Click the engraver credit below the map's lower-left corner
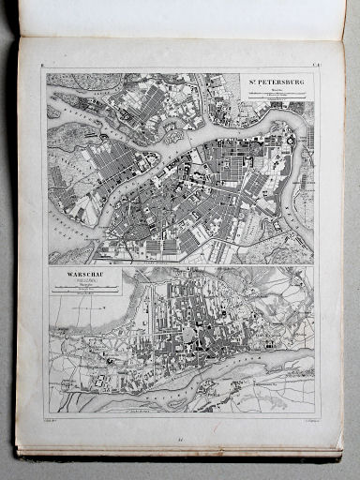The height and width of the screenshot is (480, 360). (55, 424)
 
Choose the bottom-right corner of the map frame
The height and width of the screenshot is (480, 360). (319, 417)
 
